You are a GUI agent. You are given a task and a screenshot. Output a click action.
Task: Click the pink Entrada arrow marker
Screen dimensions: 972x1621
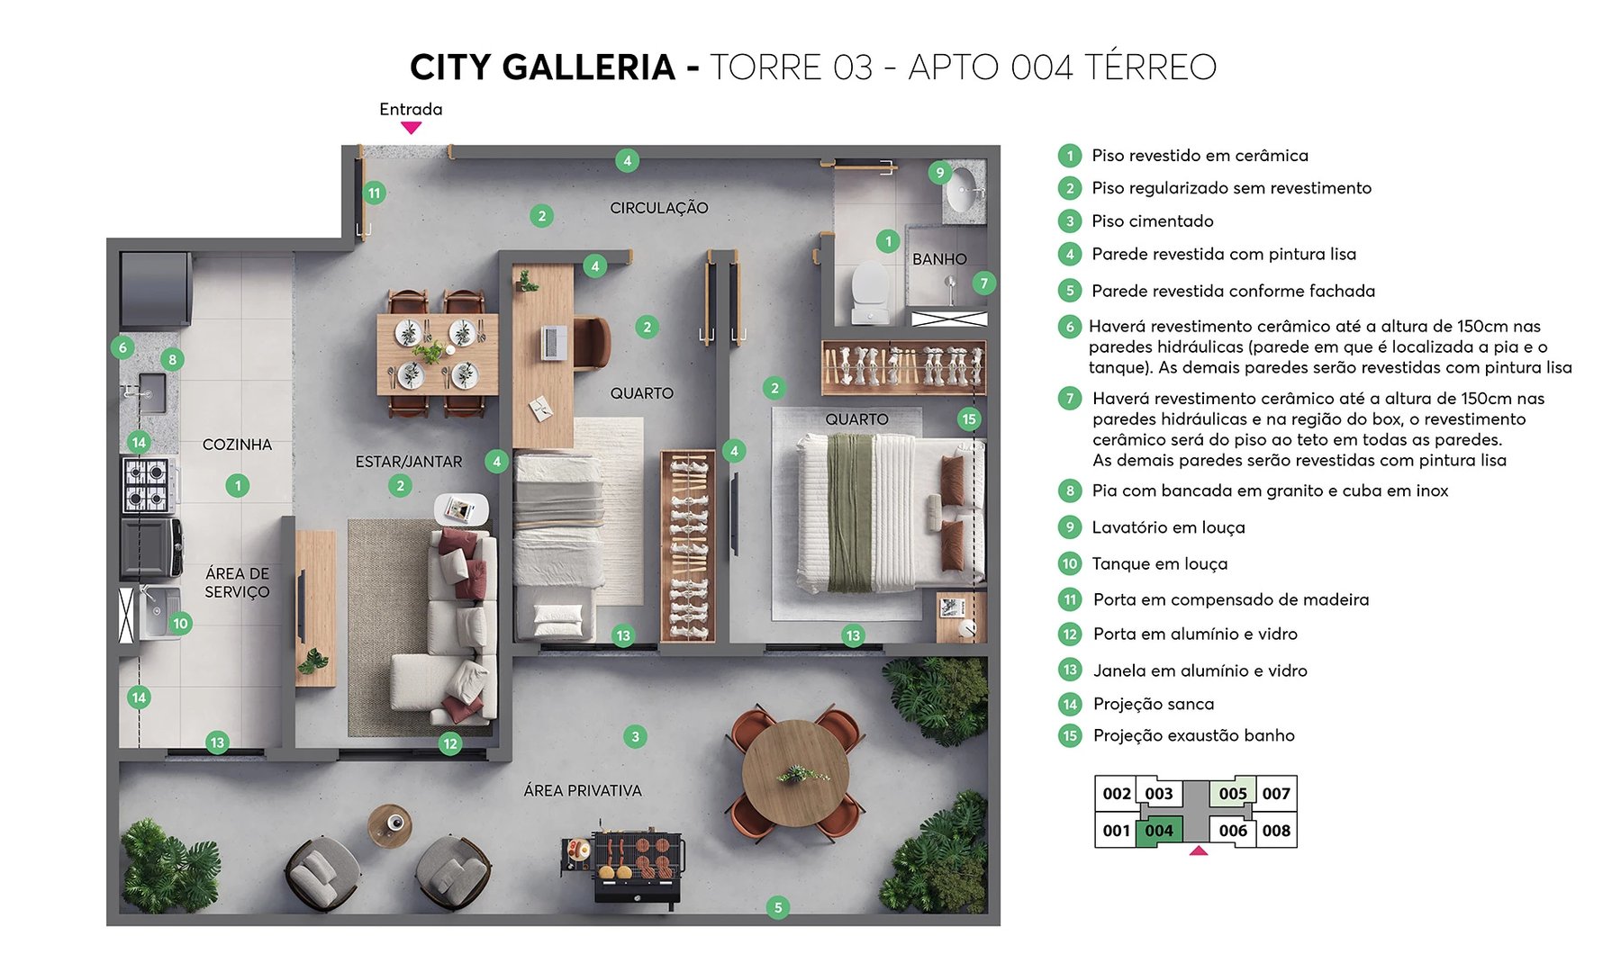pyautogui.click(x=411, y=128)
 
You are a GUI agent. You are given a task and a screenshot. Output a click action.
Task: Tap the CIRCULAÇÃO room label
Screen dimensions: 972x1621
pyautogui.click(x=658, y=208)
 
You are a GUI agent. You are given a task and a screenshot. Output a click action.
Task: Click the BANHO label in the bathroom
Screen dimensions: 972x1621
pyautogui.click(x=939, y=259)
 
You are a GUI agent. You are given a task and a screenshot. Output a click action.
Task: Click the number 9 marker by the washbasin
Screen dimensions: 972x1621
pyautogui.click(x=939, y=173)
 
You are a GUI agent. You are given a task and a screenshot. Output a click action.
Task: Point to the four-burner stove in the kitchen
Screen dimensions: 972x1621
pyautogui.click(x=147, y=484)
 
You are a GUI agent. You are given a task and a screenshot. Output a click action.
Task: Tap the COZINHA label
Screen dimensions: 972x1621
pyautogui.click(x=237, y=445)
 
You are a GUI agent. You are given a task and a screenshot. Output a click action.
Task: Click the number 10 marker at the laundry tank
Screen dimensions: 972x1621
pyautogui.click(x=180, y=623)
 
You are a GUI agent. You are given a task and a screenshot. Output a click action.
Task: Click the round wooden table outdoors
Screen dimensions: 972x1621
pyautogui.click(x=795, y=773)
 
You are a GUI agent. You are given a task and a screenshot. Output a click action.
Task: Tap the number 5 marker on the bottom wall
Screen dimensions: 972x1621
pyautogui.click(x=778, y=907)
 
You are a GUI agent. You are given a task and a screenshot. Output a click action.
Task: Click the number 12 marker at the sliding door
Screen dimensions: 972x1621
pyautogui.click(x=450, y=743)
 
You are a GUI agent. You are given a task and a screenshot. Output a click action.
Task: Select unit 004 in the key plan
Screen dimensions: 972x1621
pyautogui.click(x=1159, y=831)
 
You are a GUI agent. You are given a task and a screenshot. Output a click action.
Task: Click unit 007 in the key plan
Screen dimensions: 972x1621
pyautogui.click(x=1275, y=794)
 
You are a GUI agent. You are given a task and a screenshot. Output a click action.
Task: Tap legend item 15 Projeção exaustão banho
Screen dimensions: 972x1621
pyautogui.click(x=1193, y=735)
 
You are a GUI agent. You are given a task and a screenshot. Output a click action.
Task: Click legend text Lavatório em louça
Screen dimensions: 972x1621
pyautogui.click(x=1168, y=527)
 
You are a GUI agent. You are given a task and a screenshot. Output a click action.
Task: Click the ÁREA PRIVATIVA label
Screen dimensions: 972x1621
pyautogui.click(x=583, y=790)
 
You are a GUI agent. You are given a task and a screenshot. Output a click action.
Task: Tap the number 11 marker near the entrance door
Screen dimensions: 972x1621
pyautogui.click(x=374, y=193)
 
